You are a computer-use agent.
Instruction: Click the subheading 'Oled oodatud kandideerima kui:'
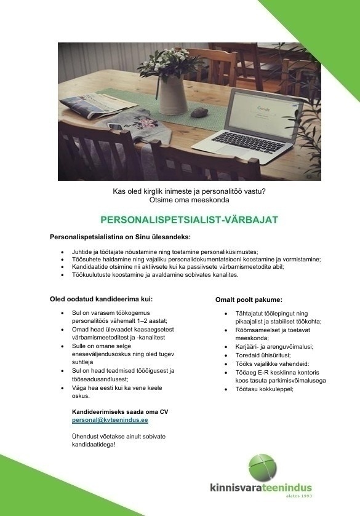point(100,299)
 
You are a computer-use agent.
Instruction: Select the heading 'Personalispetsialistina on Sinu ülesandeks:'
point(121,237)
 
